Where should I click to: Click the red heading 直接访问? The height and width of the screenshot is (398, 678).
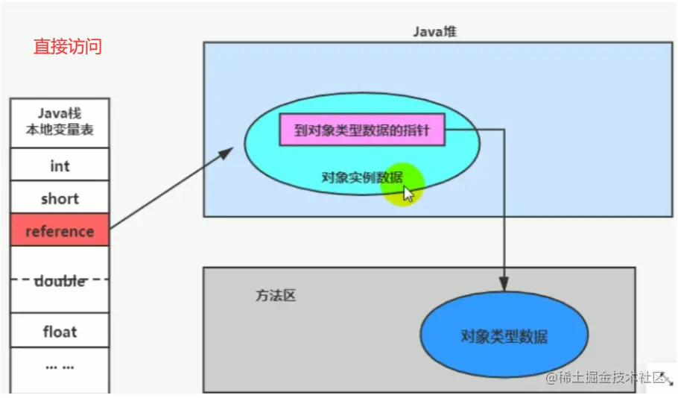[x=68, y=46]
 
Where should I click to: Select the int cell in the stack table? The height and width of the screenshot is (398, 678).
[x=60, y=166]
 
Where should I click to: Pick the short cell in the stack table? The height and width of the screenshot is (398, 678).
[x=60, y=199]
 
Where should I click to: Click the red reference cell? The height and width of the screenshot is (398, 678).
[x=60, y=231]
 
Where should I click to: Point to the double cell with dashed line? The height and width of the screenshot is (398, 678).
[x=60, y=281]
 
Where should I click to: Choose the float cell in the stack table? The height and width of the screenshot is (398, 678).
[x=60, y=332]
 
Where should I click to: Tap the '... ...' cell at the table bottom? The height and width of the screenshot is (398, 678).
[x=60, y=367]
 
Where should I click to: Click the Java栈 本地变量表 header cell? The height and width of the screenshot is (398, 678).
[x=60, y=122]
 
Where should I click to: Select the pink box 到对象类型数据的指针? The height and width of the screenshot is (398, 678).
[x=361, y=131]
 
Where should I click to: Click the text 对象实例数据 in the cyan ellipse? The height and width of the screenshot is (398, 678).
[x=362, y=177]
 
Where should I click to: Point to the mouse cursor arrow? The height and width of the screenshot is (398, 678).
[x=408, y=195]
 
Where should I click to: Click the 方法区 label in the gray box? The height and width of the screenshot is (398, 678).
[x=276, y=296]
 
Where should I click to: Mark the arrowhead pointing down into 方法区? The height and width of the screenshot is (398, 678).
[x=504, y=284]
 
